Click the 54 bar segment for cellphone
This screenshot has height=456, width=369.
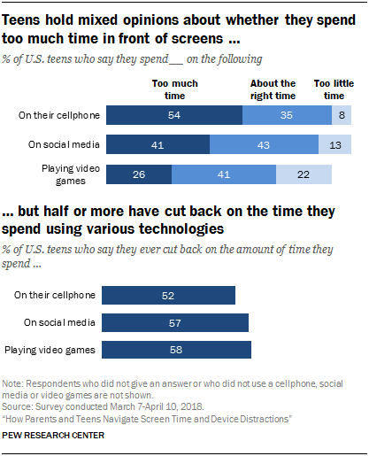coord(173,114)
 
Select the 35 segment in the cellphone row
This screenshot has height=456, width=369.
coord(286,114)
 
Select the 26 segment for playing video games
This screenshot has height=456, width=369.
coord(138,175)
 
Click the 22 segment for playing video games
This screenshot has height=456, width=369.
coord(304,175)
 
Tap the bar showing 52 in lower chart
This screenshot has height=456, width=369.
coord(170,295)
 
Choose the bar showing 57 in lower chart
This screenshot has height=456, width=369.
coord(176,322)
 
